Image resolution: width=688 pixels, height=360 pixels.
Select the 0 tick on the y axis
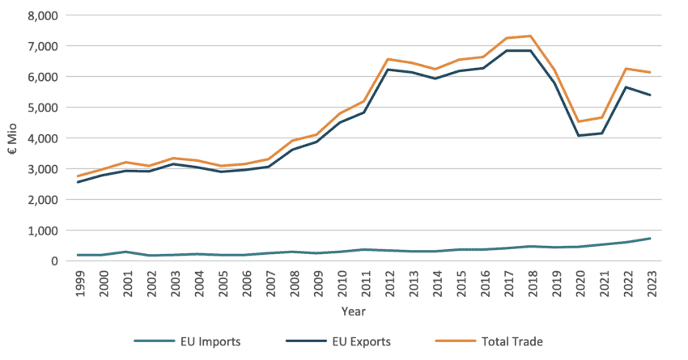click(x=53, y=261)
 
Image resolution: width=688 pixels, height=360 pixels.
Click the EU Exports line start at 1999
click(x=78, y=182)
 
